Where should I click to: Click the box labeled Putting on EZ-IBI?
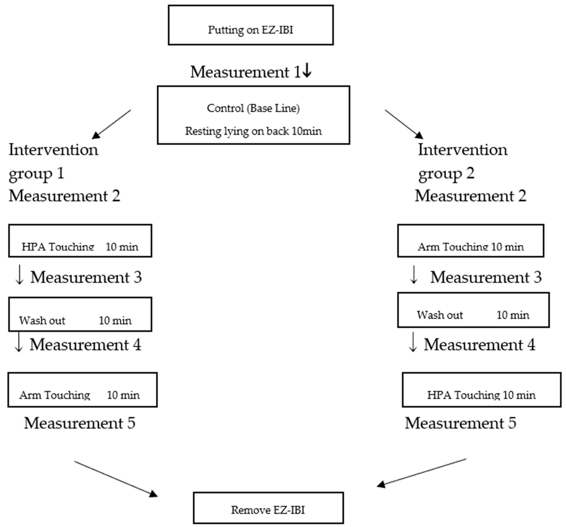251,25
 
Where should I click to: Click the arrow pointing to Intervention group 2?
404,124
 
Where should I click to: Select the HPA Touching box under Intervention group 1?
80,241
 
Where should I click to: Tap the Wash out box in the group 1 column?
80,314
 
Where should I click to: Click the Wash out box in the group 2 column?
473,310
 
